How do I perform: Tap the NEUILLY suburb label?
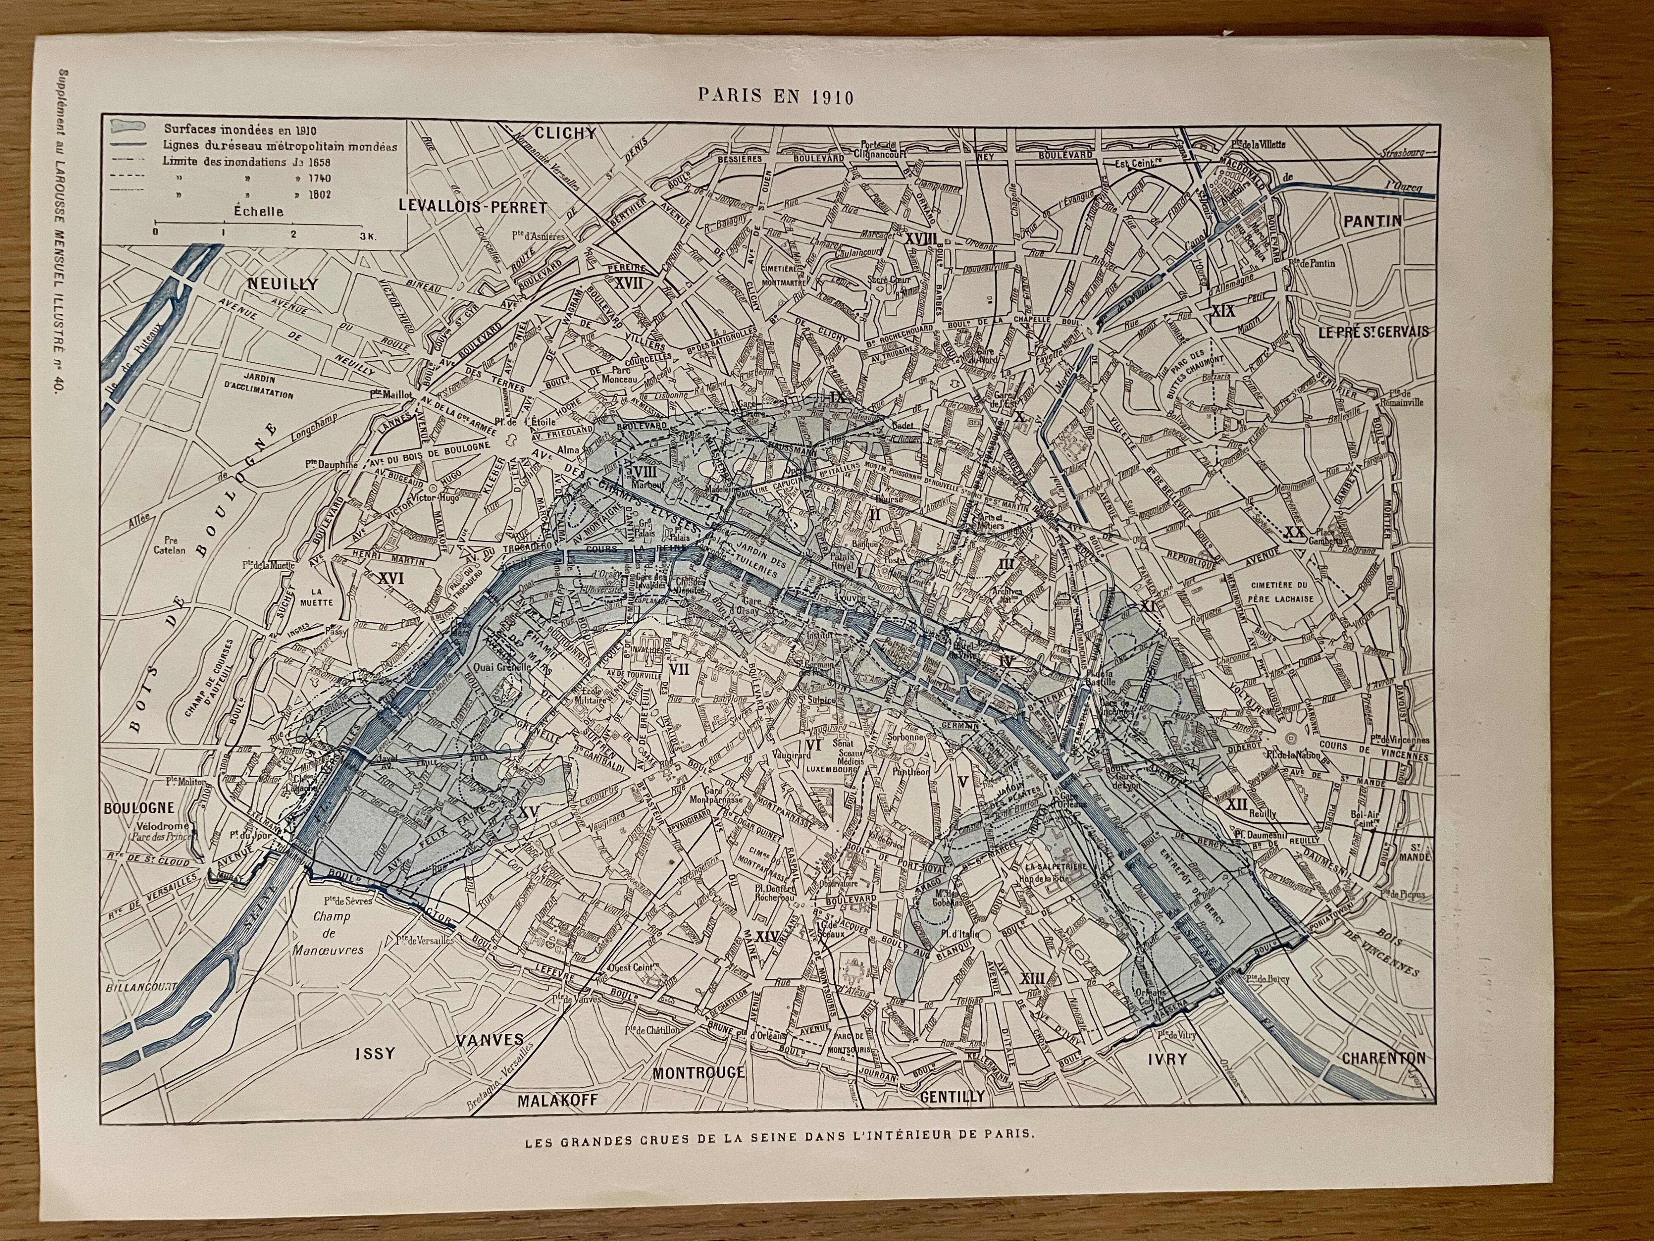[x=283, y=284]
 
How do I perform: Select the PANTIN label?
[x=1373, y=220]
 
